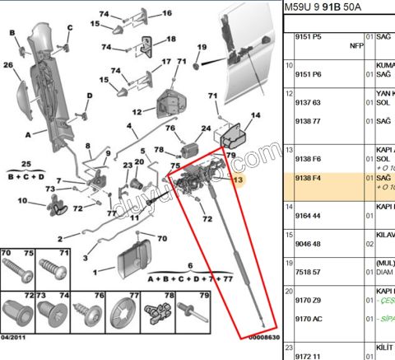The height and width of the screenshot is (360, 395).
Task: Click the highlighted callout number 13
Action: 239,180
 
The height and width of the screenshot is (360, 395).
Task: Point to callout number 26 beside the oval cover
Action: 7,65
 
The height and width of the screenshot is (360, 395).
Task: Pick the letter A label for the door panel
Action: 29,133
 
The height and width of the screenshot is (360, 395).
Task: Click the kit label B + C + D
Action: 26,175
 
